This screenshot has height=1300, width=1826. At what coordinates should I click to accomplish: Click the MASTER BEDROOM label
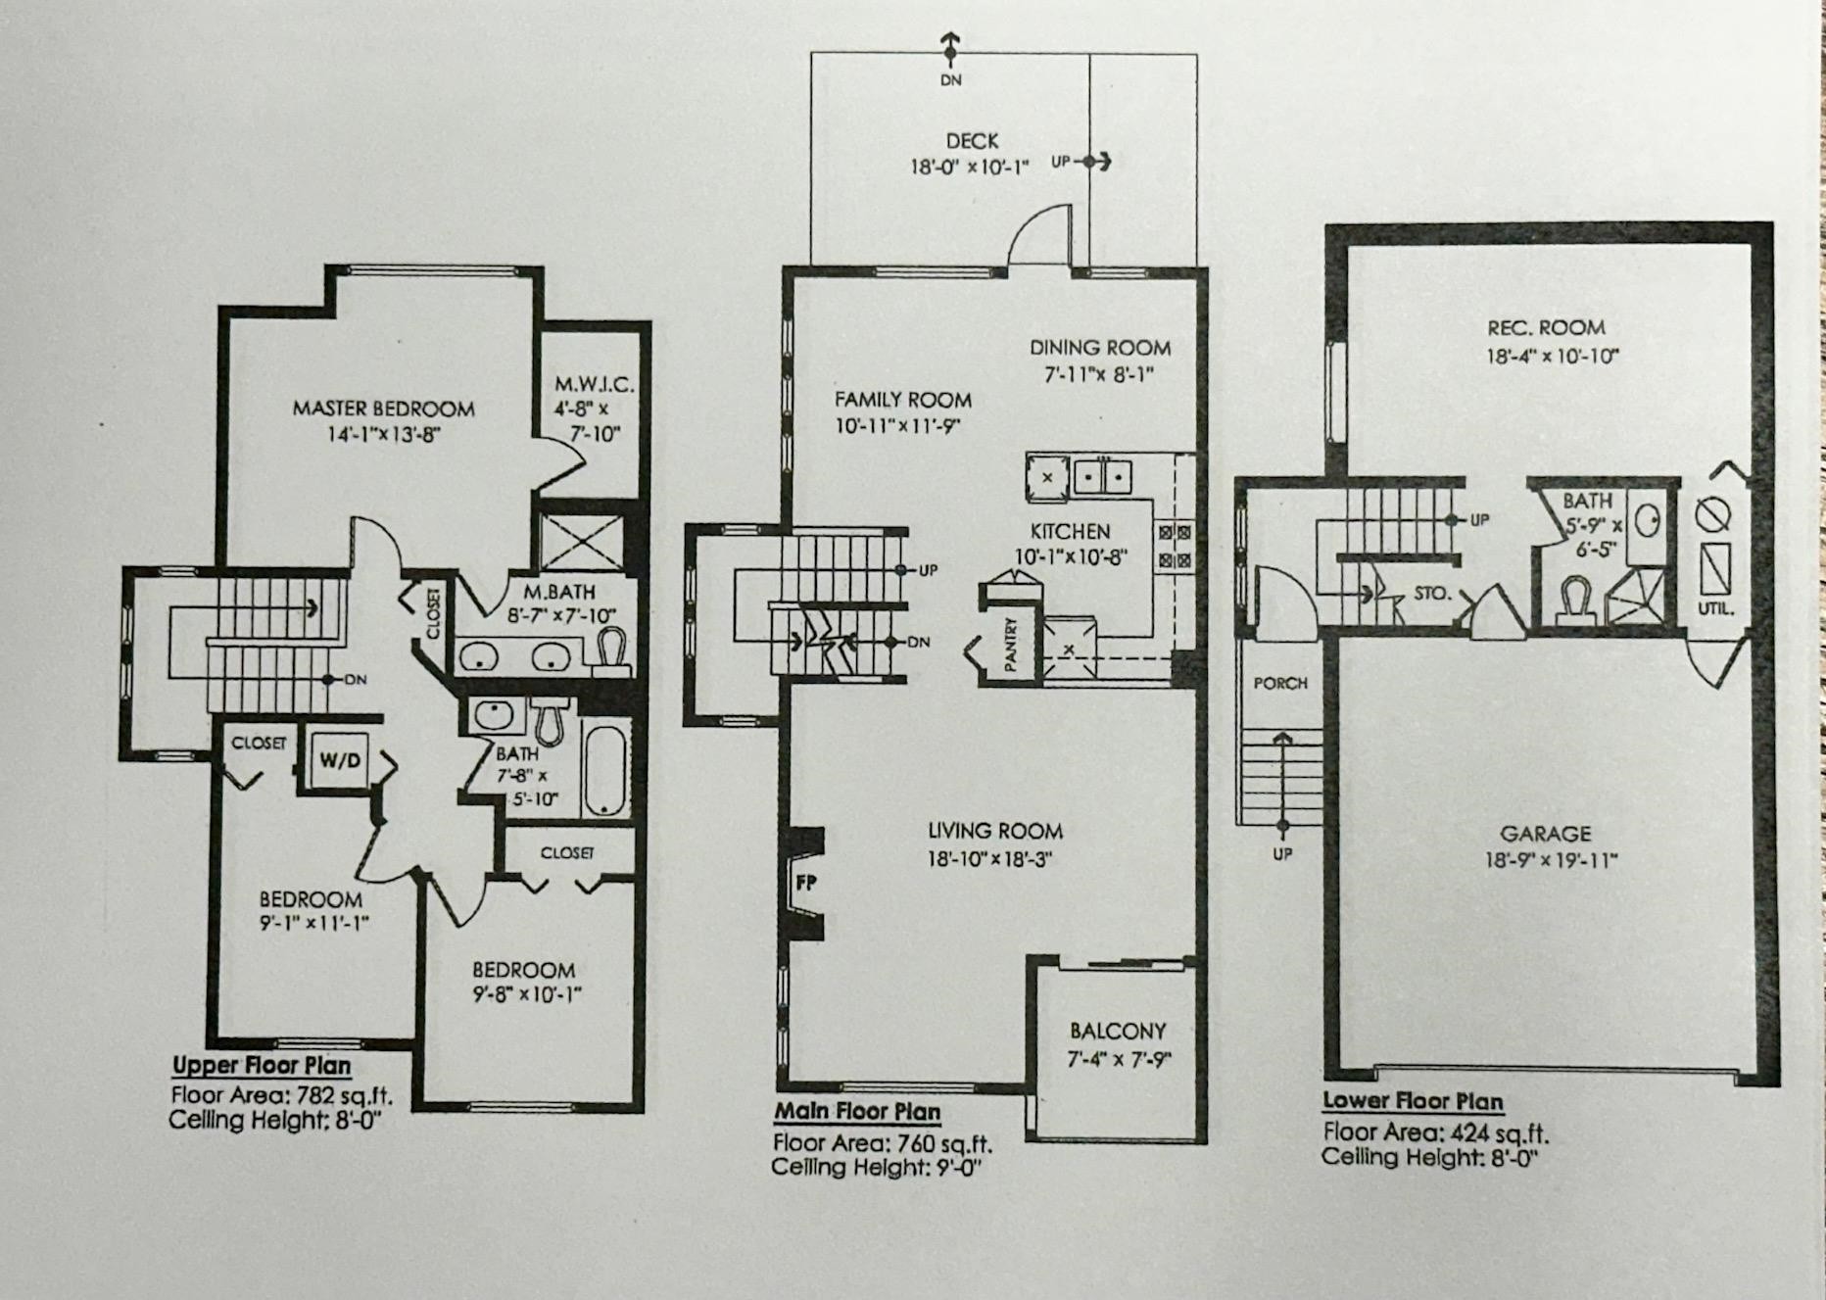point(383,409)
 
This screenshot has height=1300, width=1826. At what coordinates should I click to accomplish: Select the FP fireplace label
point(805,883)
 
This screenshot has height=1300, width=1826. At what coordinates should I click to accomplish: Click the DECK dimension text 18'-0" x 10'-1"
point(969,167)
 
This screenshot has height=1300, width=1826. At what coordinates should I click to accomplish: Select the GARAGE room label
point(1546,834)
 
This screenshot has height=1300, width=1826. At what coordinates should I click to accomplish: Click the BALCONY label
point(1118,1031)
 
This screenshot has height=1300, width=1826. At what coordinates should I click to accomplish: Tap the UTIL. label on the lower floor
point(1715,609)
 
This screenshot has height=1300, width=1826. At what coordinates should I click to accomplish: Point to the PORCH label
point(1280,683)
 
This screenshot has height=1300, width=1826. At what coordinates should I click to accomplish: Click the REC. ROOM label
point(1546,328)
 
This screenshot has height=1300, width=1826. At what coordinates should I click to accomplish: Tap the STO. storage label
point(1431,594)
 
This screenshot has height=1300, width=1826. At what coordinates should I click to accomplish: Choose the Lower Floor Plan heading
point(1413,1101)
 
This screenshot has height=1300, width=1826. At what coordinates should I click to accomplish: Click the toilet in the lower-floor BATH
point(1574,600)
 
